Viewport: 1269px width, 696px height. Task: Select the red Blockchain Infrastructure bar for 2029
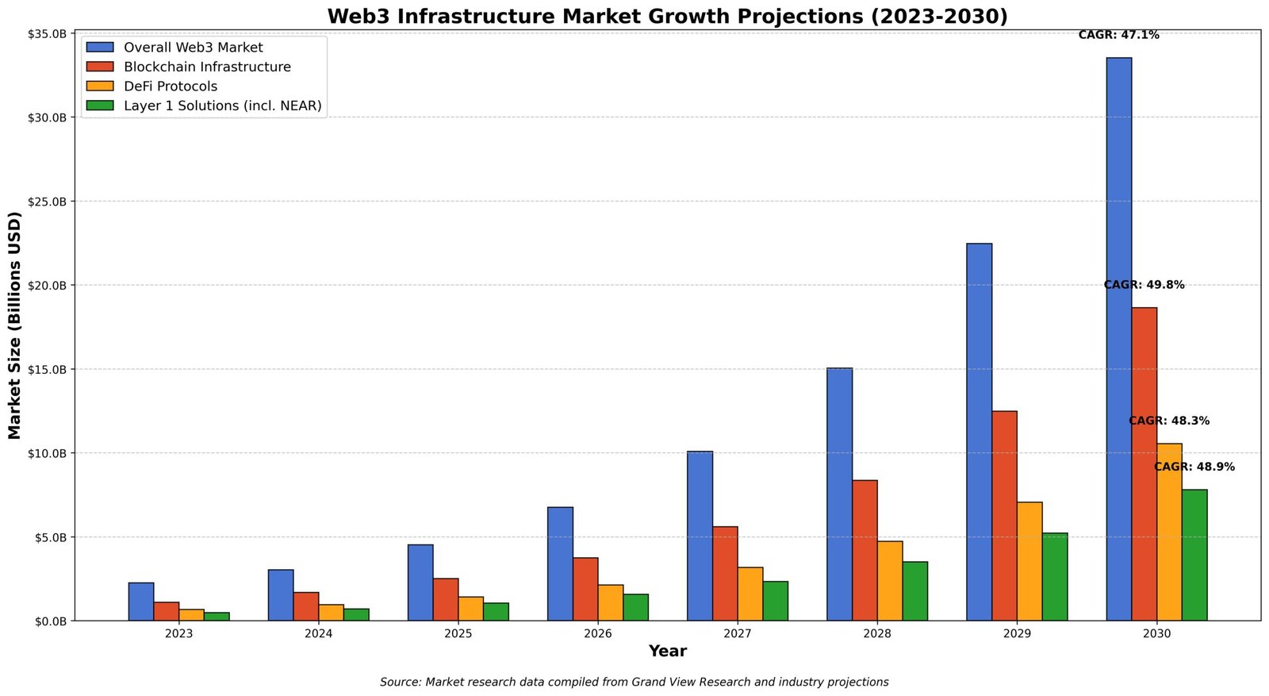coord(1004,516)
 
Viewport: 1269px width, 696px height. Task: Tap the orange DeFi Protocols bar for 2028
coord(890,581)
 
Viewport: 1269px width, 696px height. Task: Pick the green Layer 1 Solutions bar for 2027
coord(776,601)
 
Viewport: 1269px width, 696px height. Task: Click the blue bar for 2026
coord(560,563)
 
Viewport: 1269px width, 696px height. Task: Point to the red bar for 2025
coord(446,599)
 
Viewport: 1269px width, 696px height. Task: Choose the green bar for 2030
coord(1194,555)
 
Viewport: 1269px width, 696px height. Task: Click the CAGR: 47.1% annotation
coord(1118,35)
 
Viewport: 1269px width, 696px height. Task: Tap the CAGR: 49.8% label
coord(1144,285)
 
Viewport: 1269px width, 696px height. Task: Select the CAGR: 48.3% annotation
coord(1169,421)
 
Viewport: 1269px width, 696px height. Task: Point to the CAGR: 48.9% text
coord(1194,467)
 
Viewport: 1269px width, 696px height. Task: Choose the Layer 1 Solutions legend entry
coord(222,106)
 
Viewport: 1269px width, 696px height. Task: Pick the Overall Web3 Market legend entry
coord(193,48)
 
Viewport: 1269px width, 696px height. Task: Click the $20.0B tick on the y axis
coord(48,286)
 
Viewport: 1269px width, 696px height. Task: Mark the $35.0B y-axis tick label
coord(48,34)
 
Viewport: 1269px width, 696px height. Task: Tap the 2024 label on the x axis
coord(318,634)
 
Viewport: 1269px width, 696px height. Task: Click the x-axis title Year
coord(667,652)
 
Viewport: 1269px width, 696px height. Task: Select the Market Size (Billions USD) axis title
coord(15,325)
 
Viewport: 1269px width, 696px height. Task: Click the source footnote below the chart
coord(634,683)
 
